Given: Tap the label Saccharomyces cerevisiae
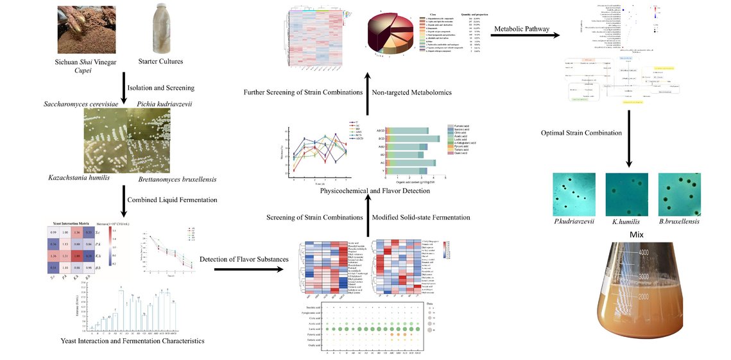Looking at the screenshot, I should [84, 103].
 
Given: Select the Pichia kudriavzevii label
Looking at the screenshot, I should [166, 103].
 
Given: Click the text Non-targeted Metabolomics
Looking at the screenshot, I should [420, 92].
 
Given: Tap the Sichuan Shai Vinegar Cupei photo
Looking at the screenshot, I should [87, 29].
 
